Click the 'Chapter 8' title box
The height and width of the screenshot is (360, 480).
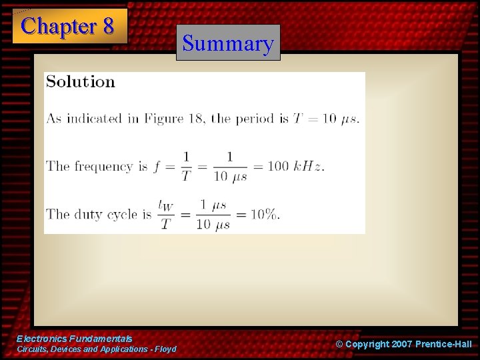tap(69, 26)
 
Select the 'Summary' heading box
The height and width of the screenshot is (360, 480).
tap(228, 43)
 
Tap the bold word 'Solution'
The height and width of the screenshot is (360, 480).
tap(80, 82)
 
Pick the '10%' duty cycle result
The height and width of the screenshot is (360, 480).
tap(265, 214)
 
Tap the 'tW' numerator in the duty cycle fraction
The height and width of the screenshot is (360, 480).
tap(165, 205)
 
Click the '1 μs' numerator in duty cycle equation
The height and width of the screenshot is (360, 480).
tap(213, 205)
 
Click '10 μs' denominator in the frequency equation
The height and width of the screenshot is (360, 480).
tap(229, 175)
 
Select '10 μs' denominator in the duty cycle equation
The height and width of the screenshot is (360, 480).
tap(213, 224)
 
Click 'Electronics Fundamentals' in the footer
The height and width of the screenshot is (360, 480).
tap(74, 339)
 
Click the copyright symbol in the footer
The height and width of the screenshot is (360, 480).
tap(339, 344)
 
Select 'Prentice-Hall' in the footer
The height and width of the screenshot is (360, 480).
tap(443, 344)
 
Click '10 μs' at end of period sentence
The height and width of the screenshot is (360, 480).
tap(340, 119)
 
